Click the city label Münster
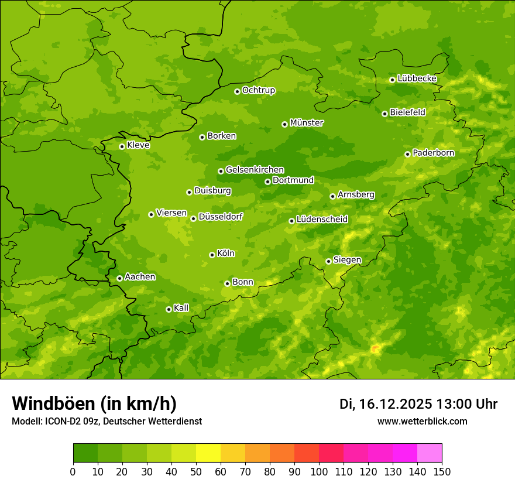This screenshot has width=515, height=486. click(307, 123)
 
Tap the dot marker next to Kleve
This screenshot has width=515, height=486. click(122, 146)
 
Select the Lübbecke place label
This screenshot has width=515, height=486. click(417, 78)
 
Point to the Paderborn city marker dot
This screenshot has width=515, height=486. click(407, 154)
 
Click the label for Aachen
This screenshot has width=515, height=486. click(140, 277)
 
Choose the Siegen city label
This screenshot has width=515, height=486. click(347, 260)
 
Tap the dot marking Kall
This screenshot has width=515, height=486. click(169, 309)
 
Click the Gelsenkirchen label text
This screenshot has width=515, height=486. click(255, 170)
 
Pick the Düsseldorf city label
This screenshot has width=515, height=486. click(221, 217)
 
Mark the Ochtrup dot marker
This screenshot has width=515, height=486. click(237, 91)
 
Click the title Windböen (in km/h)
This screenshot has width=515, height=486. click(94, 403)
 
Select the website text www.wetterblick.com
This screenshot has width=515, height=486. click(422, 422)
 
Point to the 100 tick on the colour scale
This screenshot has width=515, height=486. click(319, 471)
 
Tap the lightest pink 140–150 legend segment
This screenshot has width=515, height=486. click(430, 453)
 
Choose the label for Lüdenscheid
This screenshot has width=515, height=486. click(322, 220)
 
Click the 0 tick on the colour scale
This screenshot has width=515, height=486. click(73, 471)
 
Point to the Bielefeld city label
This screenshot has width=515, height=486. click(407, 112)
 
